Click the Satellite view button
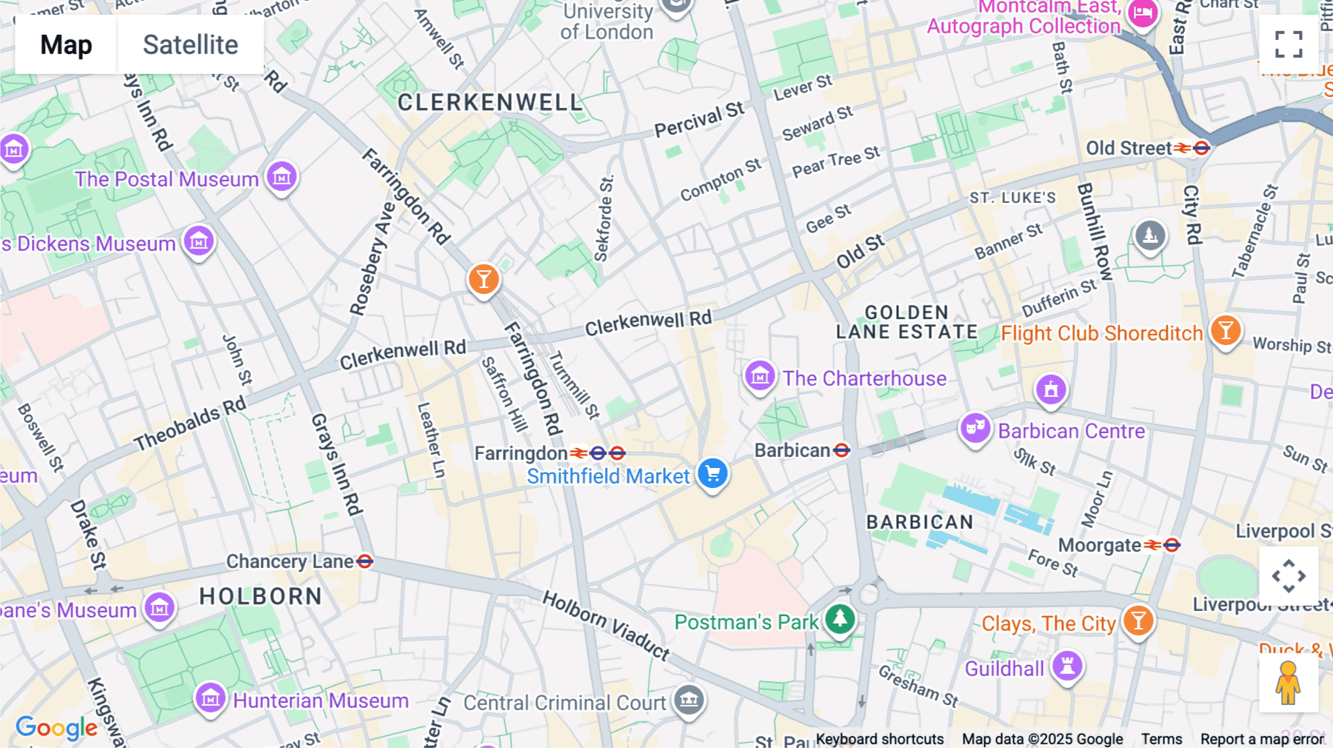point(190,44)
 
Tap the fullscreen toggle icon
point(1289,44)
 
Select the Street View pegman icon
point(1289,683)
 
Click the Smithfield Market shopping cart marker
point(713,472)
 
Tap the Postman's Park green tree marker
point(840,618)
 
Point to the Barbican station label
point(792,450)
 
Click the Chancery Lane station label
point(290,561)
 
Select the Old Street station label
point(1129,148)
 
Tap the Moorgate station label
point(1100,545)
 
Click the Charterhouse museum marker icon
point(760,376)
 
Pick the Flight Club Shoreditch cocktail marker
point(1226,330)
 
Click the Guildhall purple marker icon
point(1067,665)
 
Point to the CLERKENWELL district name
point(490,102)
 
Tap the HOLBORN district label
point(261,596)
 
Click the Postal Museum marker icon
point(281,176)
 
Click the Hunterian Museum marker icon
point(210,698)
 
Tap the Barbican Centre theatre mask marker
point(975,427)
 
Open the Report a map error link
point(1261,738)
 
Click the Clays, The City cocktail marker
point(1138,620)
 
